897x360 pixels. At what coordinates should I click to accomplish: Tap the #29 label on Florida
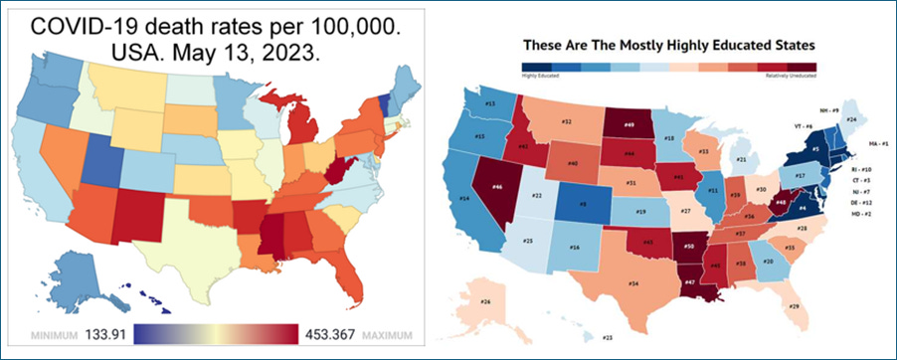[x=794, y=306]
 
